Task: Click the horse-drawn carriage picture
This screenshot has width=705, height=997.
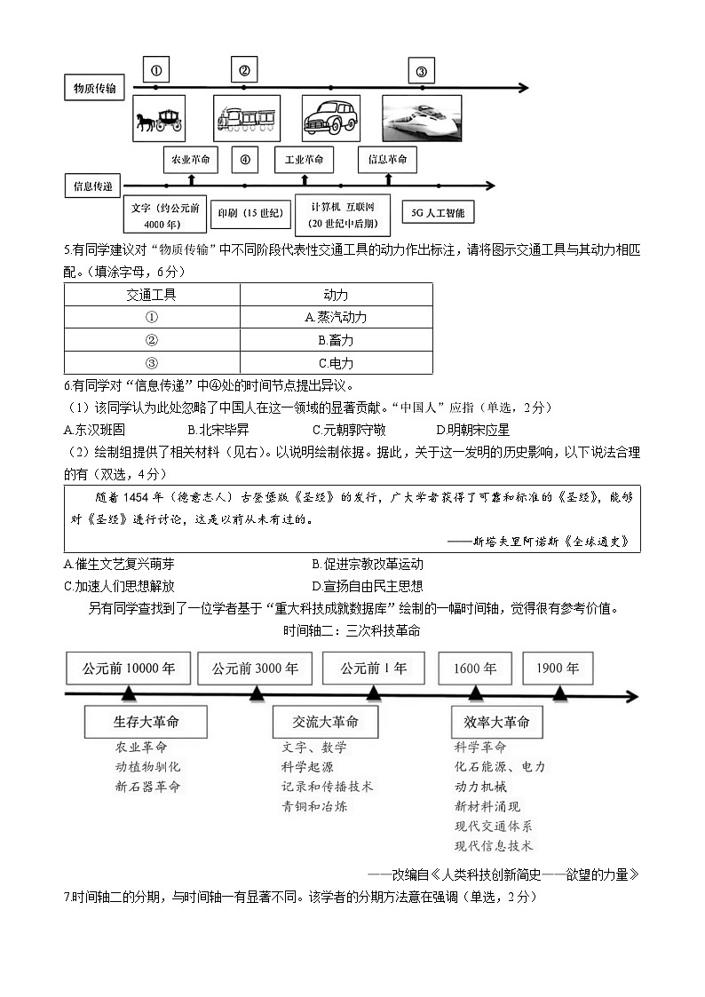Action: (x=159, y=117)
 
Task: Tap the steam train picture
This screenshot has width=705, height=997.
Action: (x=246, y=117)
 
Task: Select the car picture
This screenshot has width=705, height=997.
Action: (x=330, y=117)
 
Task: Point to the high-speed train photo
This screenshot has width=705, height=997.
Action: (x=422, y=117)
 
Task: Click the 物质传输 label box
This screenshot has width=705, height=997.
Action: (x=94, y=87)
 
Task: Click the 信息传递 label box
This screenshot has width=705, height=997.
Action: (x=93, y=186)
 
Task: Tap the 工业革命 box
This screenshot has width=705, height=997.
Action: (x=304, y=160)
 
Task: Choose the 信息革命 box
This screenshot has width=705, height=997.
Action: (x=388, y=160)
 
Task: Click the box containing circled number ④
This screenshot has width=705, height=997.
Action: (x=245, y=160)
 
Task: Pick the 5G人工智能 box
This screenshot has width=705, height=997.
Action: (x=438, y=212)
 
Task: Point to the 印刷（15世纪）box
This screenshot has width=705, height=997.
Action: (x=250, y=213)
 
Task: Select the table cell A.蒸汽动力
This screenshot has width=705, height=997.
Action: (x=336, y=317)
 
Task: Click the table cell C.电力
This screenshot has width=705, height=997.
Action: (x=336, y=363)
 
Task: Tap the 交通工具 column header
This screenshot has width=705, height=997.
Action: (x=152, y=294)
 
